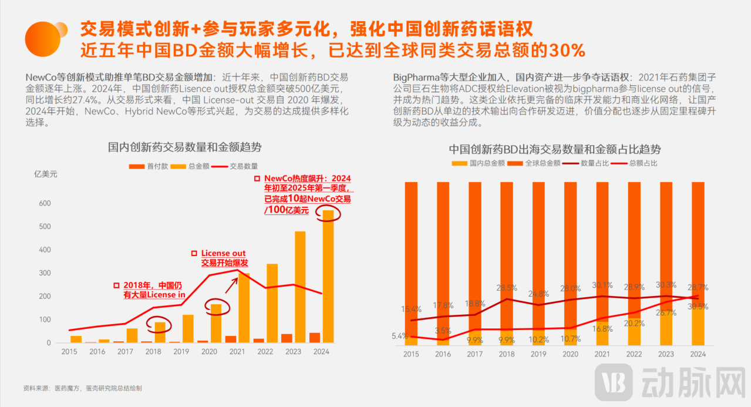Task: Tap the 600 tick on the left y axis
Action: [45, 203]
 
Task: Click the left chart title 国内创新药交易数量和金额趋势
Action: [185, 147]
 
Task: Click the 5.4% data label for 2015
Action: [399, 336]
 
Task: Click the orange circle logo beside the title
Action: [43, 38]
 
